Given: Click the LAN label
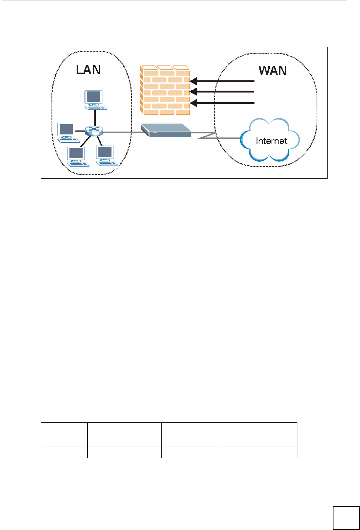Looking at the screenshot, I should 88,70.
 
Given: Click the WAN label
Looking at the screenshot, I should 272,70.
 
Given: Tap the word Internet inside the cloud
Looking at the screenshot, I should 271,141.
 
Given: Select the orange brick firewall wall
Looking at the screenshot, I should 165,90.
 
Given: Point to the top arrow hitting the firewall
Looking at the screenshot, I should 223,81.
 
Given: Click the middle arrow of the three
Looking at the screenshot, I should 223,92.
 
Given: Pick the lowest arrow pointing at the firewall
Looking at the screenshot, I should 223,103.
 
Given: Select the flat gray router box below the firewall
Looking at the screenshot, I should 165,130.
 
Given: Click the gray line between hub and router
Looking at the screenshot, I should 122,132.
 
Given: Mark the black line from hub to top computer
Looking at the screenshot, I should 95,118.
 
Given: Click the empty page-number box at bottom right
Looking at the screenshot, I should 346,517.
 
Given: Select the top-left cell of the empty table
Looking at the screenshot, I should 64,428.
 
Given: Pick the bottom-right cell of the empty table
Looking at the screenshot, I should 260,452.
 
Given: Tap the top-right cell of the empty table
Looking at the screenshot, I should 260,428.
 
